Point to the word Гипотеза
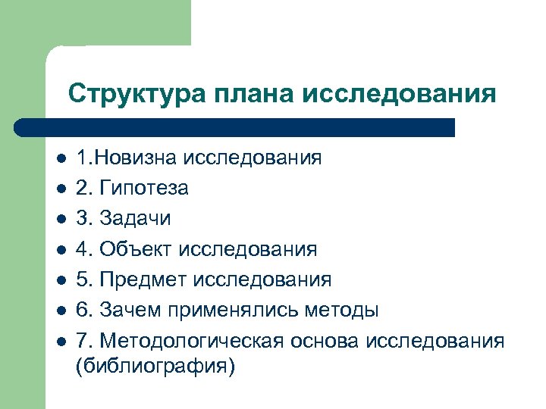(144, 188)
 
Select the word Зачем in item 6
(128, 310)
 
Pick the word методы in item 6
(340, 310)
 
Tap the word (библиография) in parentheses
(156, 367)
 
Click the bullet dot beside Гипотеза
(60, 189)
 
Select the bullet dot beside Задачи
(60, 219)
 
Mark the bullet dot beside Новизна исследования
(60, 158)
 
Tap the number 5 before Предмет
(81, 279)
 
